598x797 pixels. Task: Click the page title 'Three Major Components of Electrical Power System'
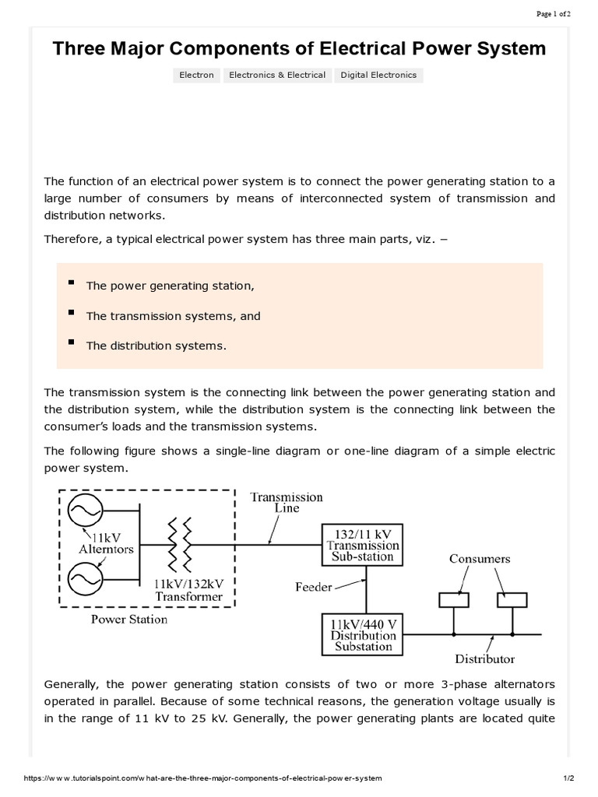click(x=299, y=49)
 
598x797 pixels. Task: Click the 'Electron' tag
click(x=196, y=75)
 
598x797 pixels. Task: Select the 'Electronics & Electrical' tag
click(x=277, y=75)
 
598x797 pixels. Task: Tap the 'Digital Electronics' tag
click(x=378, y=75)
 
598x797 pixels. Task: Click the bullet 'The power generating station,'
click(x=171, y=286)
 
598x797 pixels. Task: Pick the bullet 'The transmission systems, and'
click(x=173, y=316)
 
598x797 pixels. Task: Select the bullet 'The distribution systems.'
click(x=156, y=346)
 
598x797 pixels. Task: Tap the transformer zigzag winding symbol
click(x=178, y=545)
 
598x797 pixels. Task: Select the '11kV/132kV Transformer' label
click(x=188, y=590)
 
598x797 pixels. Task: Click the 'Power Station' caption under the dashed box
click(x=129, y=620)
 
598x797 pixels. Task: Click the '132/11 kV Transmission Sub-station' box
click(x=363, y=545)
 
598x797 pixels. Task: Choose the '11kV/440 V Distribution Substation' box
click(x=363, y=635)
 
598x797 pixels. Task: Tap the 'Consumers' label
click(x=480, y=559)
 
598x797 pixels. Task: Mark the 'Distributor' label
click(x=484, y=658)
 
